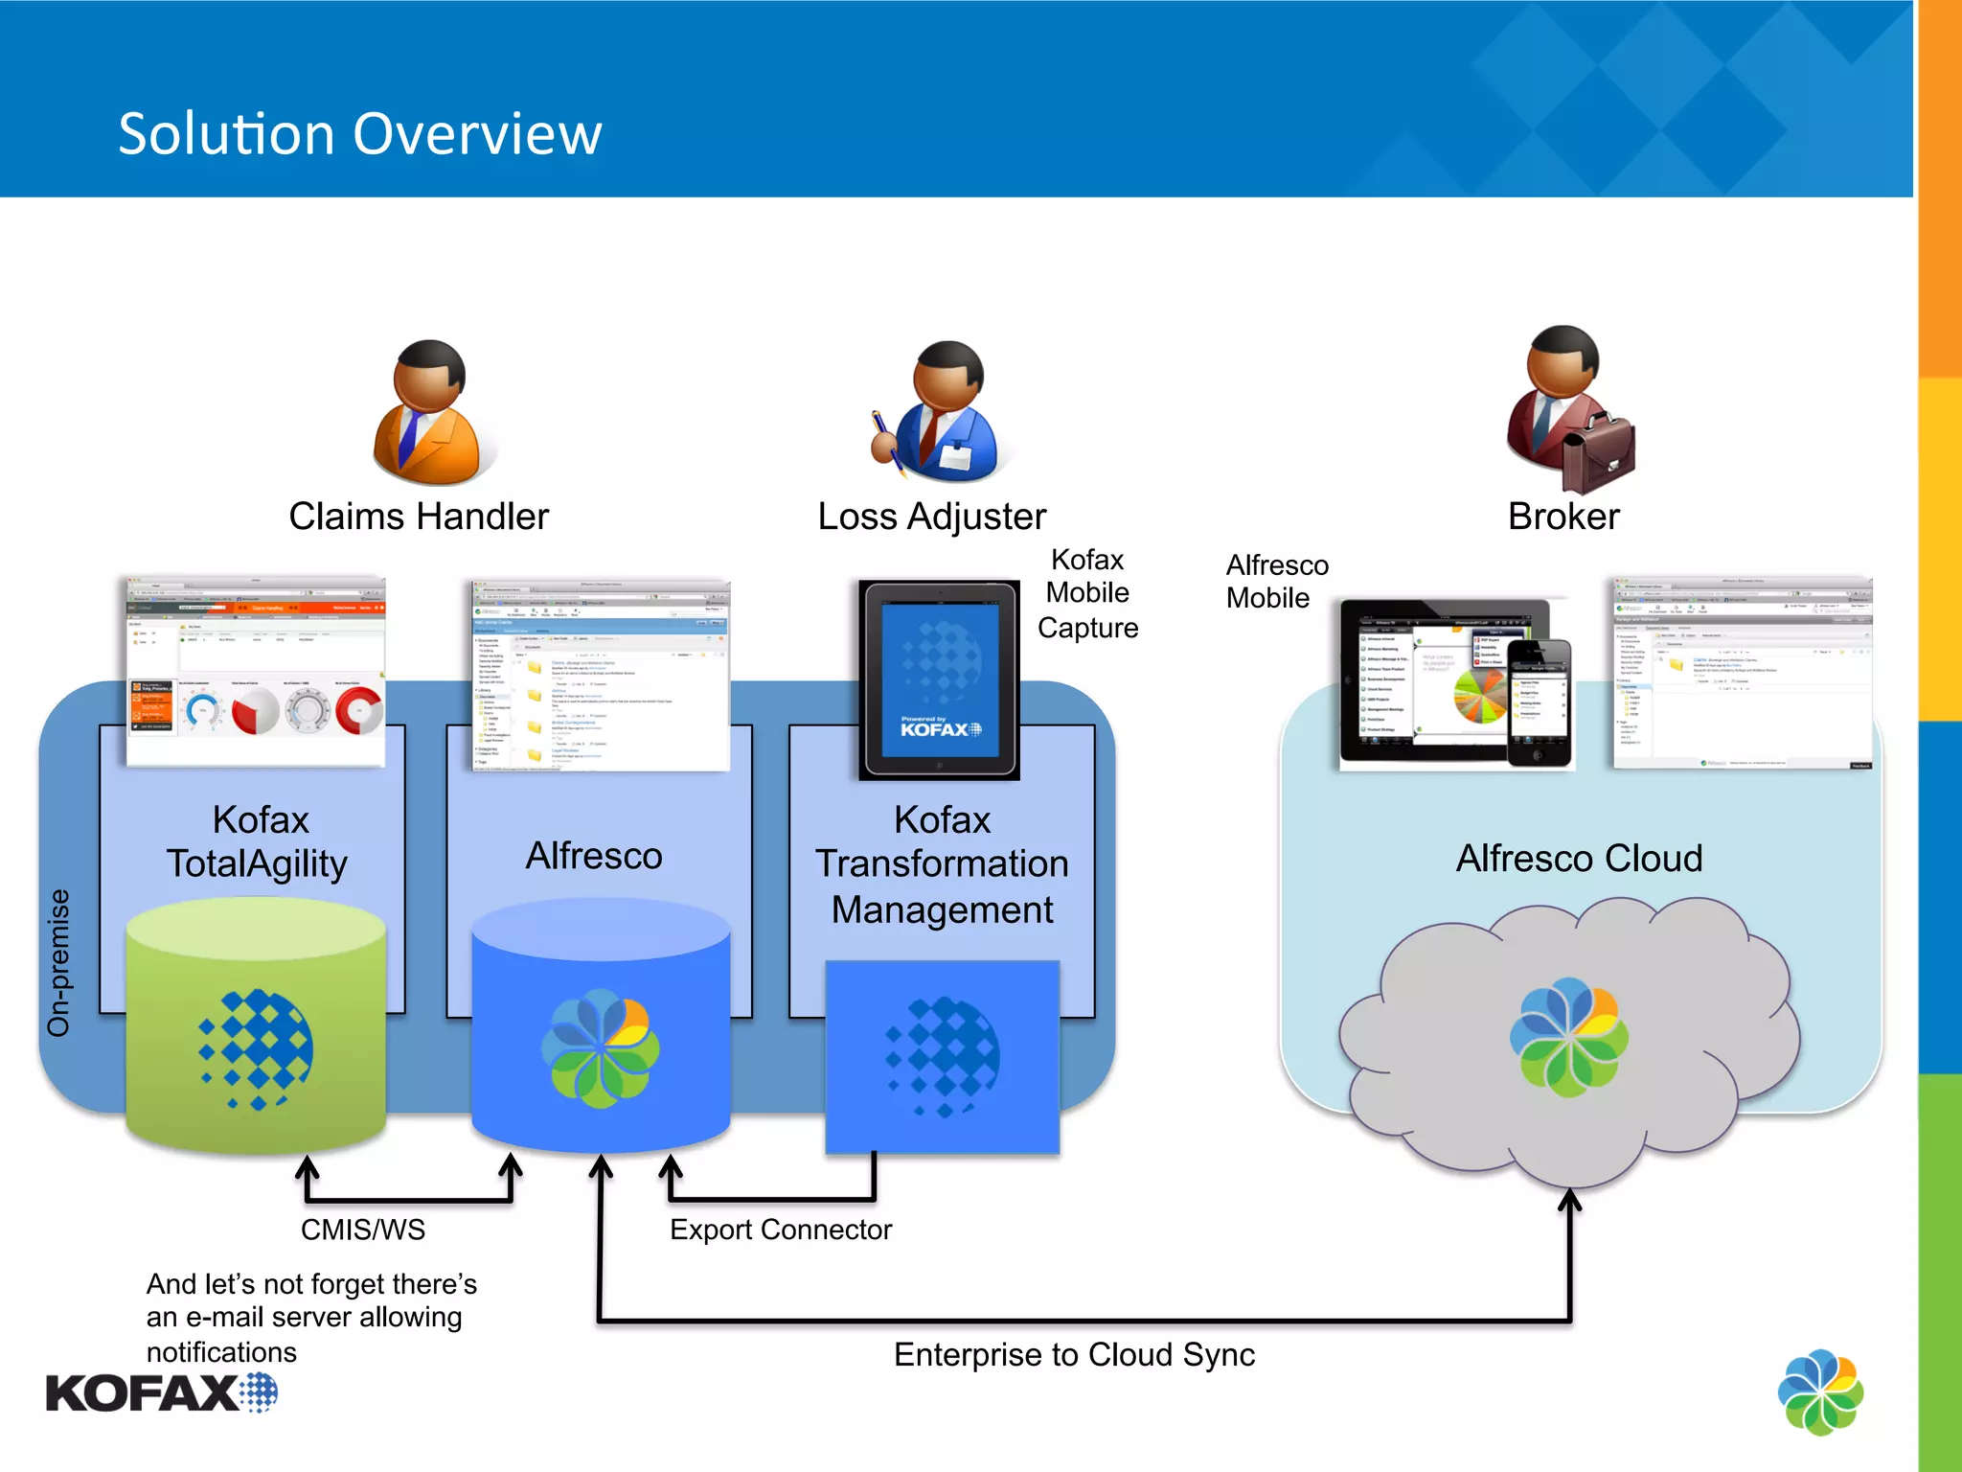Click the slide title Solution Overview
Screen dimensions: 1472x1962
coord(359,133)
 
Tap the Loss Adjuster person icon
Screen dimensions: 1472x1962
coord(939,412)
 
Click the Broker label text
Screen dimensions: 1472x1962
coord(1563,517)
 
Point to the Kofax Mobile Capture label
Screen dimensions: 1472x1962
coord(1087,593)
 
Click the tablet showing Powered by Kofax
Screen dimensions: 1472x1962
coord(939,678)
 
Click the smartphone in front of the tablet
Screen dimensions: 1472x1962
coord(1540,702)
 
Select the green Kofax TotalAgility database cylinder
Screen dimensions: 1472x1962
coord(256,1025)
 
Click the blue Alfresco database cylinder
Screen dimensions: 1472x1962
coord(601,1025)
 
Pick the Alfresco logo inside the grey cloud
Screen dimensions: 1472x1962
coord(1568,1037)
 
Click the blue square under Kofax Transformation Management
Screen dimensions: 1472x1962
coord(943,1056)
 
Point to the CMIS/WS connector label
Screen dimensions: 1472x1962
coord(362,1230)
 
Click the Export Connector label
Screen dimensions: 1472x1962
coord(780,1230)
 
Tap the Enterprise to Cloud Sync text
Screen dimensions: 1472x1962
coord(1073,1354)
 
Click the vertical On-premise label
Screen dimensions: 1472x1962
coord(59,962)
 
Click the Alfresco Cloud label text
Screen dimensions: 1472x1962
coord(1579,859)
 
